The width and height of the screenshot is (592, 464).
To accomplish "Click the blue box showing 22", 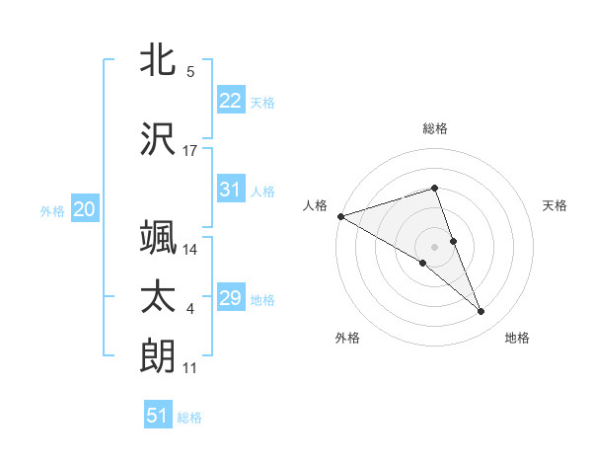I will click(230, 101).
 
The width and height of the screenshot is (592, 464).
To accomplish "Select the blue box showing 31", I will click(230, 190).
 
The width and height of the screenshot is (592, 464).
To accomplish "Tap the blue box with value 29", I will click(230, 298).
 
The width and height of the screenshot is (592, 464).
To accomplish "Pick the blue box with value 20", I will click(84, 209).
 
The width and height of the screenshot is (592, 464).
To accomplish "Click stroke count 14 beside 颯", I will click(190, 249).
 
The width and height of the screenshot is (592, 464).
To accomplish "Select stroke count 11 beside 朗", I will click(190, 368).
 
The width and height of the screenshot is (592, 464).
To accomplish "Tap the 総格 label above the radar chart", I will click(435, 128).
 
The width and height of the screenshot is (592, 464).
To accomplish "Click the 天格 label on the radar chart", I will click(555, 205).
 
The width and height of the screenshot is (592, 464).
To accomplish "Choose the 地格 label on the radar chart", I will click(517, 338).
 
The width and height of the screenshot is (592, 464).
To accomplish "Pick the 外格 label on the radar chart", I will click(347, 338).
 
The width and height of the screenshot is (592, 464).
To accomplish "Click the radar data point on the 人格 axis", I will click(340, 215).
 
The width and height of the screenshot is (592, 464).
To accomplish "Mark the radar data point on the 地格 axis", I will click(481, 312).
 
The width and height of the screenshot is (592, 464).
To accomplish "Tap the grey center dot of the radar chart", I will click(435, 246).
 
